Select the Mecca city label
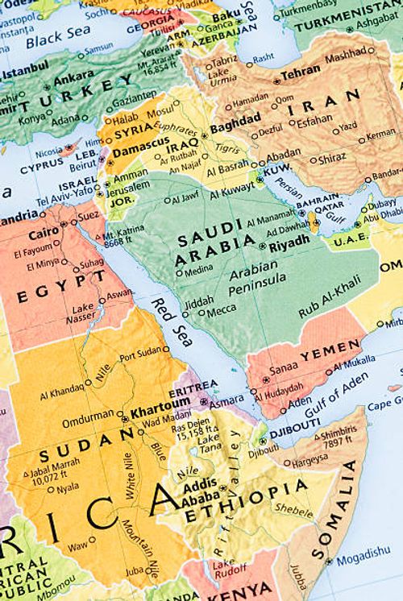pyautogui.click(x=222, y=311)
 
